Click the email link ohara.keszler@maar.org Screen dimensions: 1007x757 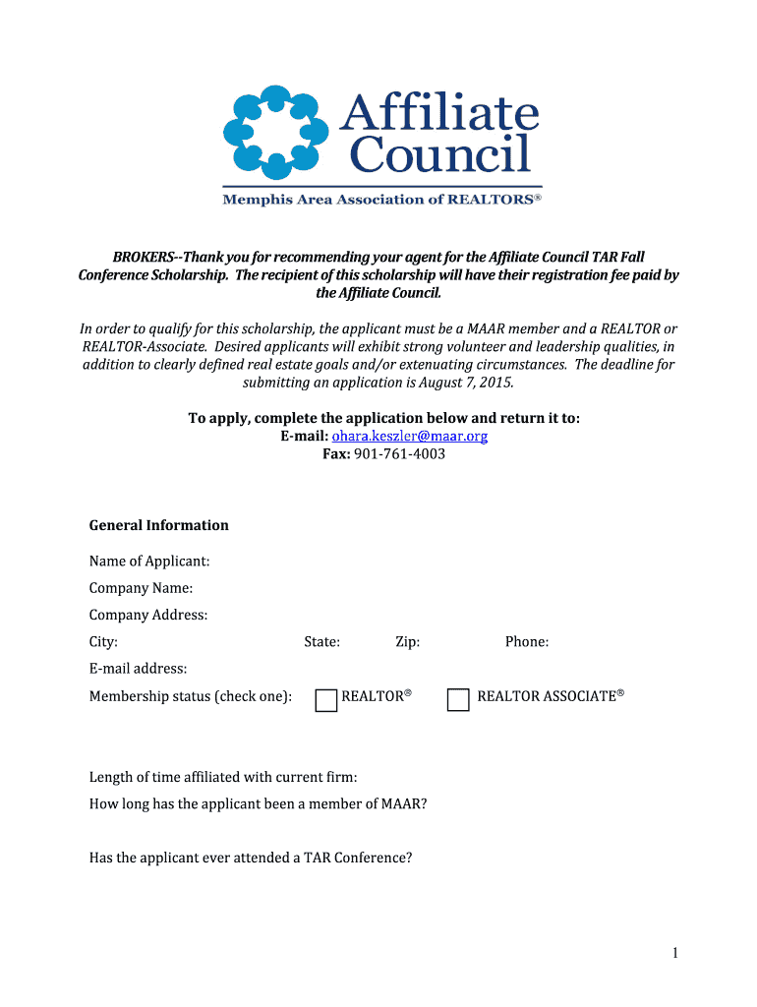tap(410, 436)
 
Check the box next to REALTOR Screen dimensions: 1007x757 tap(326, 700)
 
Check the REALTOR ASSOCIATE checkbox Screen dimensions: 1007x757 tap(458, 700)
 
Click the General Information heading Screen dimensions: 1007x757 tap(159, 525)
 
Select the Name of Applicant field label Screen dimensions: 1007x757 tap(149, 562)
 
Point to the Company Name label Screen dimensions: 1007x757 tap(141, 588)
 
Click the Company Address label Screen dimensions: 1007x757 tap(148, 615)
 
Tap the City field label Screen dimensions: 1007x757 tap(103, 642)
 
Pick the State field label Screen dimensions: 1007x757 tap(322, 642)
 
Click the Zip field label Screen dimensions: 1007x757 tap(408, 642)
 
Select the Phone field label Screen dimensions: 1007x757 tap(527, 642)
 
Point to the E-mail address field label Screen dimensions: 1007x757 tap(138, 669)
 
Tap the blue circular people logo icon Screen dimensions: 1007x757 tap(275, 130)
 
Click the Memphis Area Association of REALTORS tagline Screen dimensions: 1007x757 tap(382, 200)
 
